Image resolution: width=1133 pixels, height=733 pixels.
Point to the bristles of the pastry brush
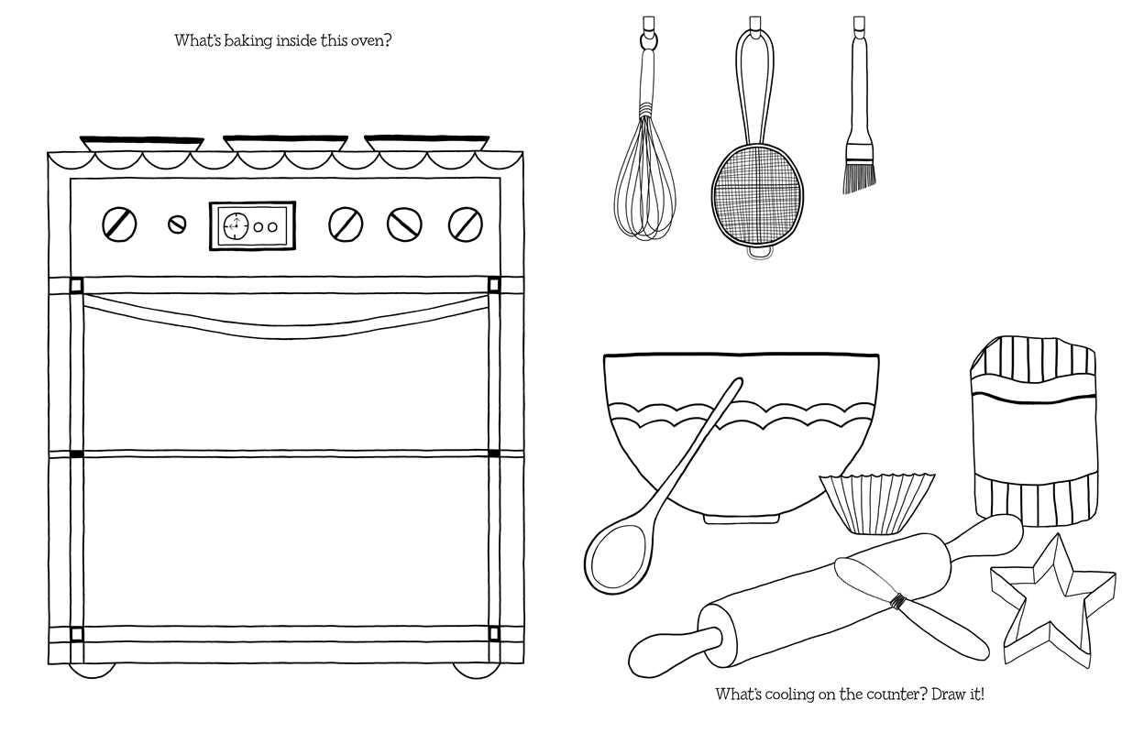tap(860, 177)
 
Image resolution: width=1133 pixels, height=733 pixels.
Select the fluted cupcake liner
tap(877, 504)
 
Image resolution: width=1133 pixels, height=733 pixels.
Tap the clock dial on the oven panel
tap(236, 225)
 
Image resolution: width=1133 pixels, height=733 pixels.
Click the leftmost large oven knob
tap(119, 224)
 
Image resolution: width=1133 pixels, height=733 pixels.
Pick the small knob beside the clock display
tap(177, 224)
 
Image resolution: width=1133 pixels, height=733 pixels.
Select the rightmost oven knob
tap(466, 224)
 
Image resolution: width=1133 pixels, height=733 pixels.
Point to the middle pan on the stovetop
tap(285, 143)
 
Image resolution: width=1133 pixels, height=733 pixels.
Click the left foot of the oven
tap(92, 672)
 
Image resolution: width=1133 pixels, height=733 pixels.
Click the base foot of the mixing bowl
tap(741, 520)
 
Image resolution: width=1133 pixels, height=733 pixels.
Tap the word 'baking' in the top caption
tap(248, 41)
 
